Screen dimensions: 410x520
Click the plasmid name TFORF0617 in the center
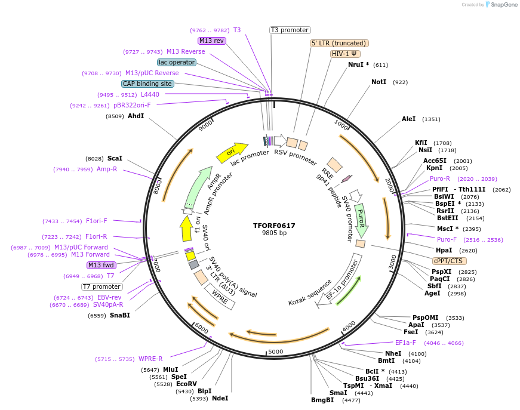point(274,226)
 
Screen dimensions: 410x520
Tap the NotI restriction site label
point(379,82)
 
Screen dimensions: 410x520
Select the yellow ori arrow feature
point(232,152)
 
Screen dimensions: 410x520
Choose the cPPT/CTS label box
point(450,261)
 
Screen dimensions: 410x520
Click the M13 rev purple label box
point(212,41)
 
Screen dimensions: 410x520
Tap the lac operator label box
point(177,62)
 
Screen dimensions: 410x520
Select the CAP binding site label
point(147,84)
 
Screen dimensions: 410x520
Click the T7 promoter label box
point(102,286)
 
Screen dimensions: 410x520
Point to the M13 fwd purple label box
point(101,265)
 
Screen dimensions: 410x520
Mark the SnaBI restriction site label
point(119,315)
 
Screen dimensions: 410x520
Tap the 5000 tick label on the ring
point(275,352)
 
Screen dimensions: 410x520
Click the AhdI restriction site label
point(136,116)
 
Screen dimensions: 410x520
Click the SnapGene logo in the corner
point(500,5)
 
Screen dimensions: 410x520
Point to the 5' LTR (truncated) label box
point(339,43)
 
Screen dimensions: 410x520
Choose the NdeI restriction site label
point(220,398)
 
